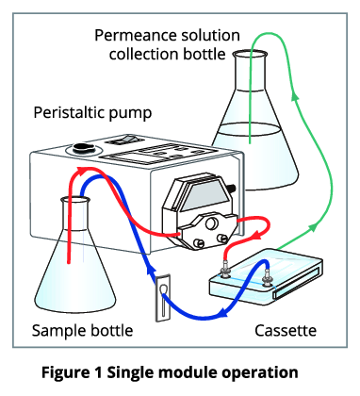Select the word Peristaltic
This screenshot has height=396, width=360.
[69, 112]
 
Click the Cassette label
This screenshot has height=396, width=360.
[286, 331]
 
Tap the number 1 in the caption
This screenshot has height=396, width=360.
[97, 372]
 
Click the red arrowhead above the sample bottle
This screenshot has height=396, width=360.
[82, 171]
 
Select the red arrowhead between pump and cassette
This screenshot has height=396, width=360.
[257, 235]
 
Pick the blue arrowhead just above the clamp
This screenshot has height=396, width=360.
[151, 271]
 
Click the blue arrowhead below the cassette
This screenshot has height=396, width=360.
[223, 313]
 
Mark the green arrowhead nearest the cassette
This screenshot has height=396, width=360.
[313, 227]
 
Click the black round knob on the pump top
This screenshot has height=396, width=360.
[82, 147]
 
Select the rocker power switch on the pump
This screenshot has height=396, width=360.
[123, 140]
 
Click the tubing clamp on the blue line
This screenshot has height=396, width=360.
[163, 298]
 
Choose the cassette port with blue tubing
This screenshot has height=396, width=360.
[267, 277]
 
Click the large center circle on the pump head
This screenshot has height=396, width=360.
[212, 223]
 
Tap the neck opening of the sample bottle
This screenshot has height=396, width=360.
[75, 200]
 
